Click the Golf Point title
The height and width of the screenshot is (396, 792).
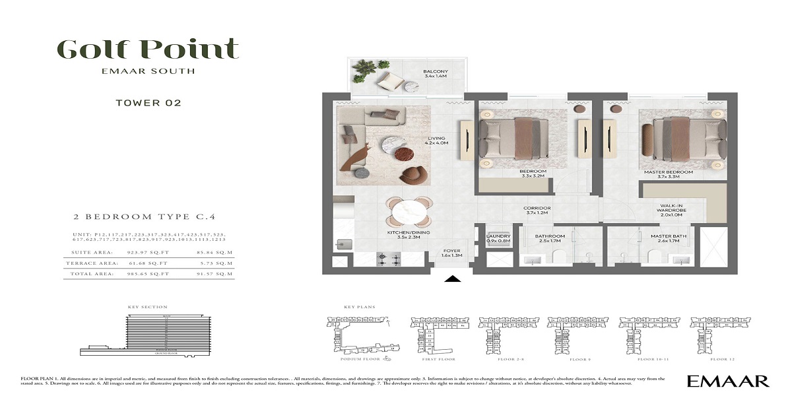point(147,49)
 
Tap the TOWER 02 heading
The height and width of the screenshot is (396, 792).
point(148,102)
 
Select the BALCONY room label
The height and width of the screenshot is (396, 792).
point(436,74)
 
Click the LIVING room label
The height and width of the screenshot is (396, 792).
point(438,140)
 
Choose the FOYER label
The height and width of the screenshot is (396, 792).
point(452,252)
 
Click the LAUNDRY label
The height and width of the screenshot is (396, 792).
point(498,238)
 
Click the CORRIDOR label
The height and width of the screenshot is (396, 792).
point(539,211)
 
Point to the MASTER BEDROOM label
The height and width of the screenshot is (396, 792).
point(669,175)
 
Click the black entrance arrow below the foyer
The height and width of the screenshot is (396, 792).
point(452,279)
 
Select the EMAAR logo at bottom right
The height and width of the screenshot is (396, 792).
point(727,381)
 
